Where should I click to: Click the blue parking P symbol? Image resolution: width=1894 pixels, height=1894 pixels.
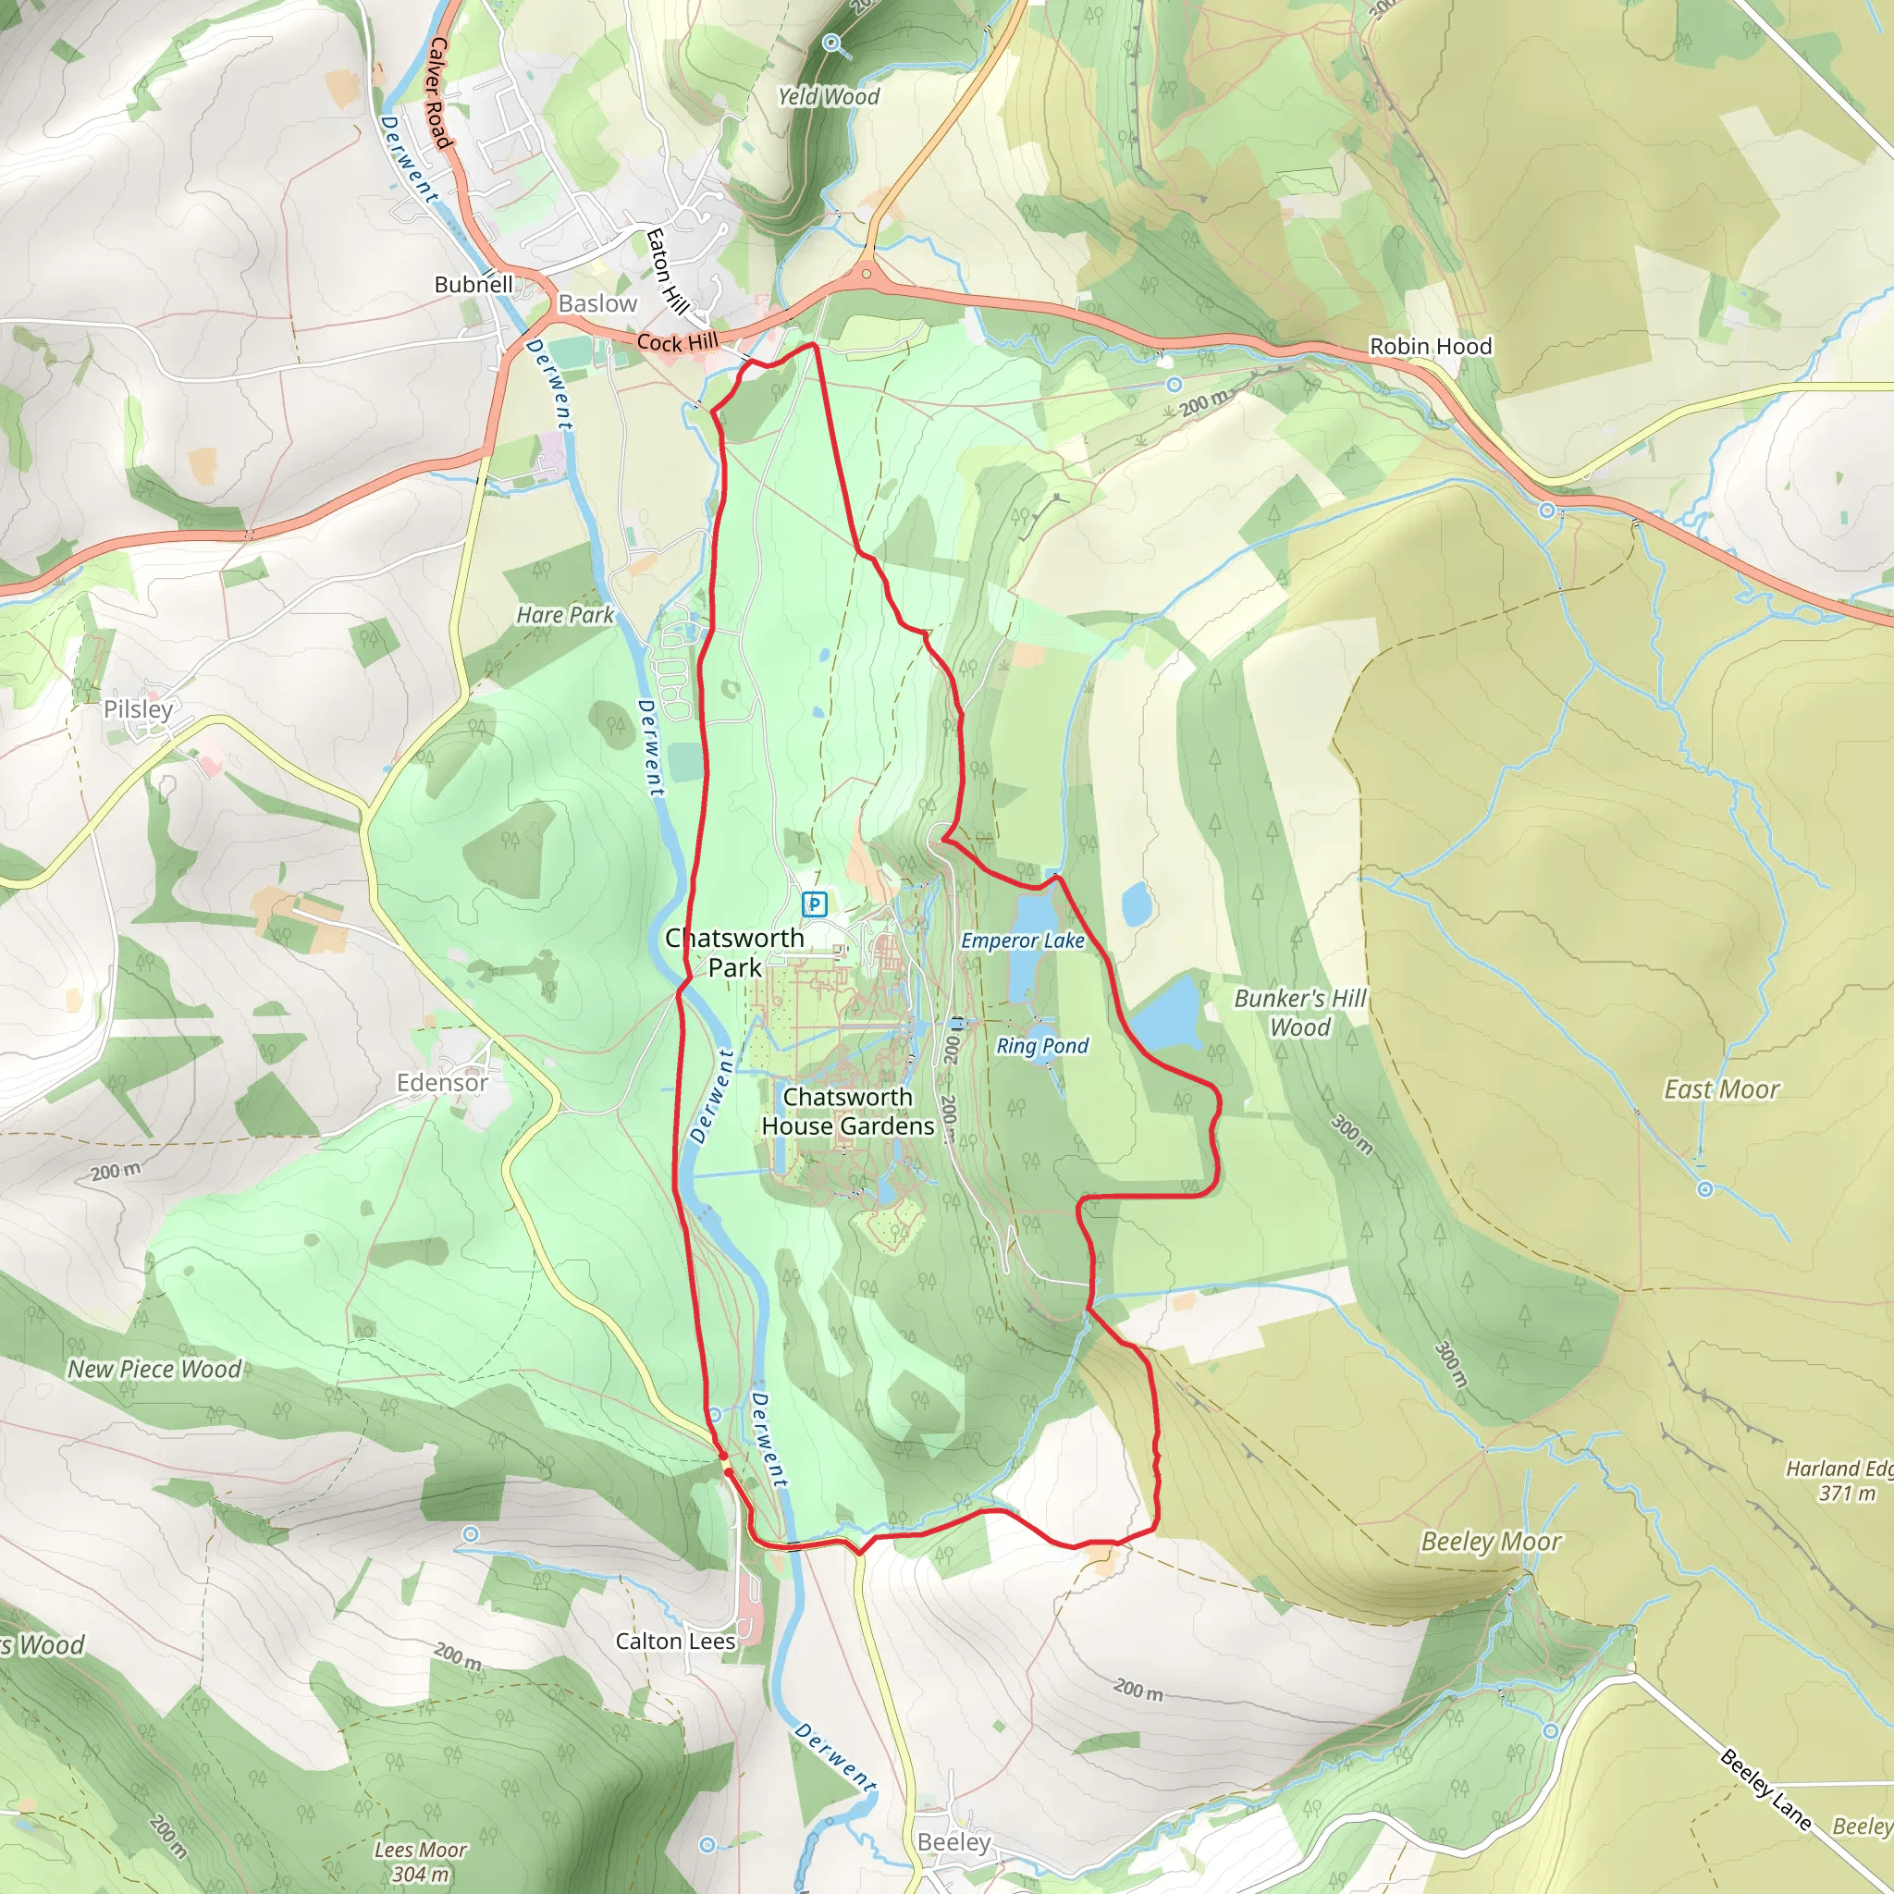814,903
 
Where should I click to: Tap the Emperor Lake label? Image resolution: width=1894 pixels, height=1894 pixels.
1023,941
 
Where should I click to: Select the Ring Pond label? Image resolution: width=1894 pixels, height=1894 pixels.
1042,1046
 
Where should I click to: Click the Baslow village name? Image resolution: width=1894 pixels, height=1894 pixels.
598,304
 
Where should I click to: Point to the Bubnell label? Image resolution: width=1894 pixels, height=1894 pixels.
473,284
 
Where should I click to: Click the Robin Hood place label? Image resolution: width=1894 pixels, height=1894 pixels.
1431,346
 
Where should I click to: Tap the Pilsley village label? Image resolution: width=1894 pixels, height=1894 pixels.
138,708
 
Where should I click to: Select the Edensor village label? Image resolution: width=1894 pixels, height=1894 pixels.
442,1082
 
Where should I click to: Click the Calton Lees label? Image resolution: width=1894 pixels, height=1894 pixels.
675,1642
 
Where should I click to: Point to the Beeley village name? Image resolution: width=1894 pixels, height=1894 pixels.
953,1843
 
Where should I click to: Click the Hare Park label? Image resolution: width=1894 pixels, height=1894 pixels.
565,615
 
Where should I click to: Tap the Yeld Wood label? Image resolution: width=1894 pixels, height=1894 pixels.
829,96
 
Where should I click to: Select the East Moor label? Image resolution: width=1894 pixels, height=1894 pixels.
1721,1089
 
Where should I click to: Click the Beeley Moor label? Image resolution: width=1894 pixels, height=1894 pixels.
1491,1542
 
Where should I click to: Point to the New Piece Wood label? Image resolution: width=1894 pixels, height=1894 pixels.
154,1370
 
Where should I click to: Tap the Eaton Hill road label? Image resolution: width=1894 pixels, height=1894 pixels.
667,271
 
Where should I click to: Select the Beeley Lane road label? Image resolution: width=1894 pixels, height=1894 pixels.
1765,1789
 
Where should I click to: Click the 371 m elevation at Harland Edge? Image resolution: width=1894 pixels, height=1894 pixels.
1846,1493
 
